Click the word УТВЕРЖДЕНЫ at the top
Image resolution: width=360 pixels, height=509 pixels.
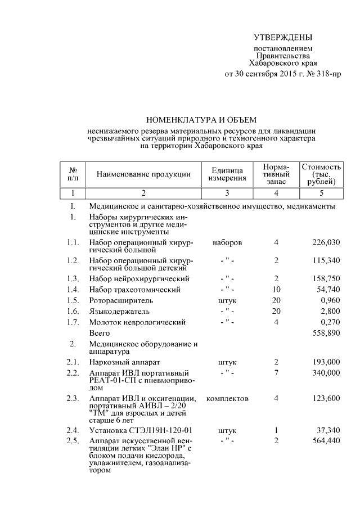[x=282, y=38]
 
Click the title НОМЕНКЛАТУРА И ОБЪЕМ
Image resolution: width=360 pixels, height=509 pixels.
[x=201, y=120]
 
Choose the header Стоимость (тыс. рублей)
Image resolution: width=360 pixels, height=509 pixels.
[x=322, y=174]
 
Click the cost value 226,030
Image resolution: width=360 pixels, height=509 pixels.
[x=326, y=242]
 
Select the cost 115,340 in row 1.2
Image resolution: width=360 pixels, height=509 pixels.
[x=326, y=262]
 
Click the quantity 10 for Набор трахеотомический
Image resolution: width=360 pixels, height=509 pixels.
[x=276, y=290]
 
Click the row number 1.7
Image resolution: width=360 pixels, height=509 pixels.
[x=71, y=323]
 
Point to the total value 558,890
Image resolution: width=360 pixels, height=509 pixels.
[x=326, y=334]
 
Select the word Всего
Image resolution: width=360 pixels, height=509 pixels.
[x=100, y=334]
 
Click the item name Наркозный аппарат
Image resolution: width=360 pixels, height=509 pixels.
[x=125, y=362]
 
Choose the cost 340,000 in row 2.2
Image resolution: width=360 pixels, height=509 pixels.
[x=326, y=373]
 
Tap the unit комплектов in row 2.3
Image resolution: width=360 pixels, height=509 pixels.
[x=228, y=398]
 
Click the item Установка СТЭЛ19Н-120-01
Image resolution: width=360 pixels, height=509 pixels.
[x=137, y=430]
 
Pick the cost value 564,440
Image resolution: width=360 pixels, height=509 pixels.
[x=326, y=441]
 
